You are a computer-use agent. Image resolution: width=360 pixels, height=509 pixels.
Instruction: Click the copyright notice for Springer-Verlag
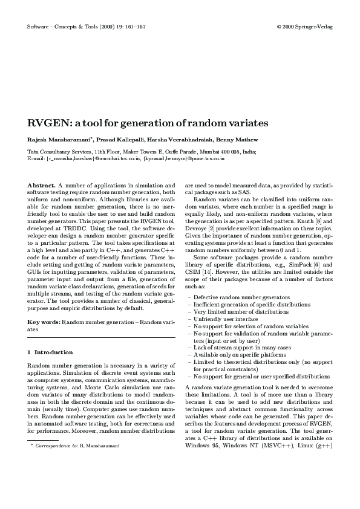tap(304, 27)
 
